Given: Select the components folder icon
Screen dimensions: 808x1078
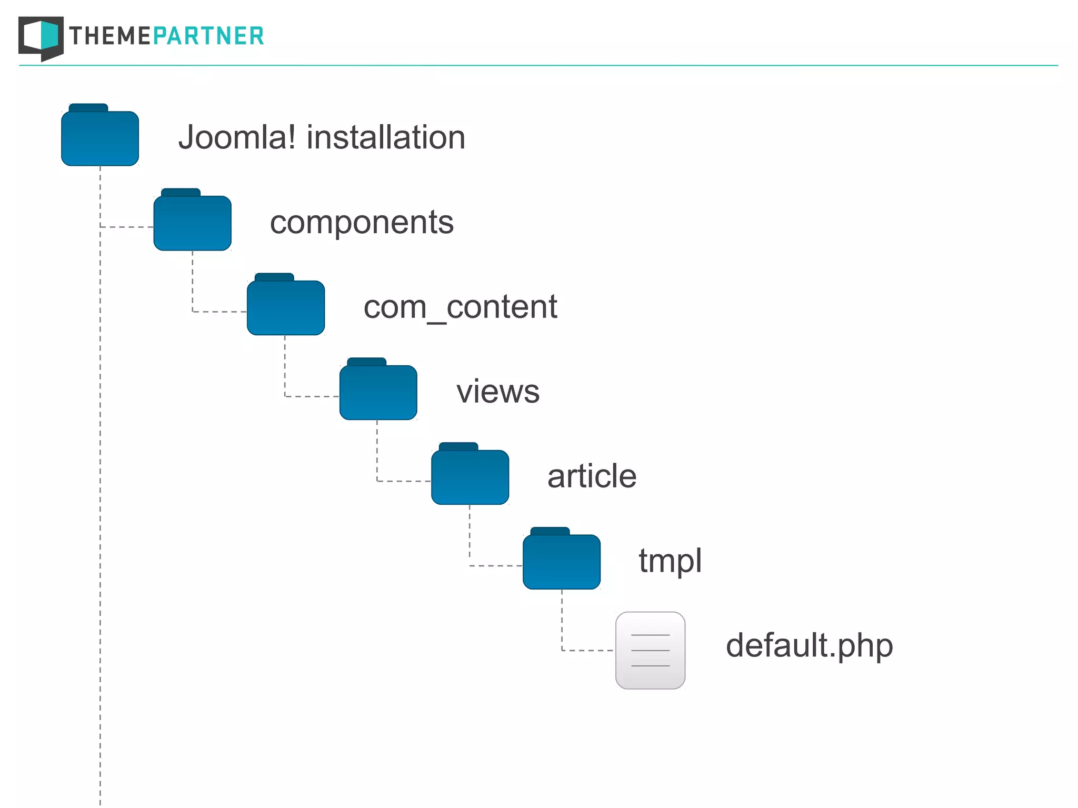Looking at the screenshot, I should pyautogui.click(x=193, y=222).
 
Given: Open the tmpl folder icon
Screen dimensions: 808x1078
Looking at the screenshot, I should pyautogui.click(x=562, y=561).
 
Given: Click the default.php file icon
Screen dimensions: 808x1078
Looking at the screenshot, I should pyautogui.click(x=651, y=651).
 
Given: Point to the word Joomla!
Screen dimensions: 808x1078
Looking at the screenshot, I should pyautogui.click(x=237, y=137).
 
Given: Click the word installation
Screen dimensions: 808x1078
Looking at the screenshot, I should pyautogui.click(x=386, y=137).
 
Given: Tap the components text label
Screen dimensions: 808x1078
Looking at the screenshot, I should pyautogui.click(x=362, y=223).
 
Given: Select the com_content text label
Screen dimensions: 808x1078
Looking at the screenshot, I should pyautogui.click(x=460, y=307).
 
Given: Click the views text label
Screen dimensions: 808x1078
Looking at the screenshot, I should pyautogui.click(x=498, y=392).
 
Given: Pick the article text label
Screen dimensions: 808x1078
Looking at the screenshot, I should pyautogui.click(x=592, y=476).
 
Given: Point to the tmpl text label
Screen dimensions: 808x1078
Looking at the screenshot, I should pyautogui.click(x=670, y=561).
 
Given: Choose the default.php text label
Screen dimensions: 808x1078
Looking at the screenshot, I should pyautogui.click(x=809, y=646).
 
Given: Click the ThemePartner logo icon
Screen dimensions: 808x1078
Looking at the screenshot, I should pyautogui.click(x=41, y=38).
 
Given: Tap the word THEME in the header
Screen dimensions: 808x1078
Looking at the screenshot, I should pyautogui.click(x=110, y=36).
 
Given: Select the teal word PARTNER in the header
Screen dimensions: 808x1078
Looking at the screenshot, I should pyautogui.click(x=208, y=36).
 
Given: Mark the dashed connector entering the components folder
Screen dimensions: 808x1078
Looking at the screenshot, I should pyautogui.click(x=126, y=227).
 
